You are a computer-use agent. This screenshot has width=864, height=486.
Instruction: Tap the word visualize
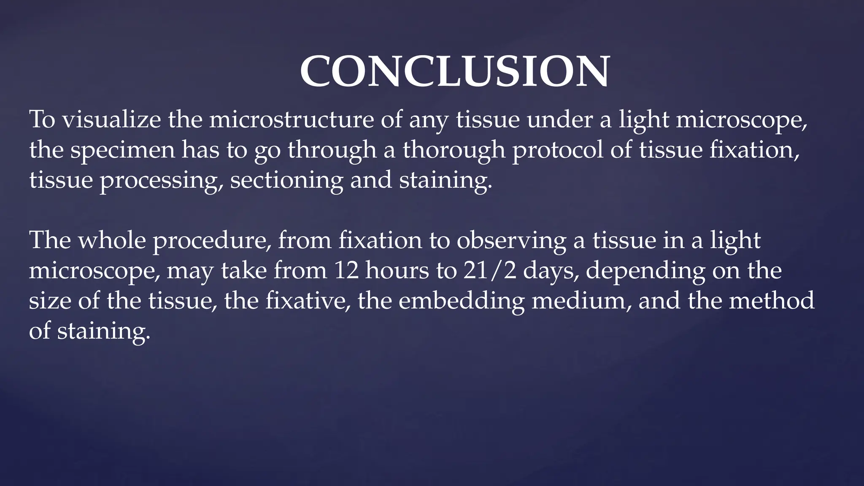[x=111, y=119]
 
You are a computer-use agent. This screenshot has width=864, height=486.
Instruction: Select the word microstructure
[x=291, y=119]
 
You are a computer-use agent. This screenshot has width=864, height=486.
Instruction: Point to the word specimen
[x=122, y=150]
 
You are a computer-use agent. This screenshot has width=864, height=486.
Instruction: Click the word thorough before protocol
[x=454, y=150]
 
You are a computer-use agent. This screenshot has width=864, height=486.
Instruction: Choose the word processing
[x=161, y=181]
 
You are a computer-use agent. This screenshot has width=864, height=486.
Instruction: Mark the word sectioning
[x=286, y=181]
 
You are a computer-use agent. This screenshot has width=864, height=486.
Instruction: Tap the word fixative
[x=308, y=301]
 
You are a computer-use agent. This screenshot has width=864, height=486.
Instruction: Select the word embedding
[x=461, y=301]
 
